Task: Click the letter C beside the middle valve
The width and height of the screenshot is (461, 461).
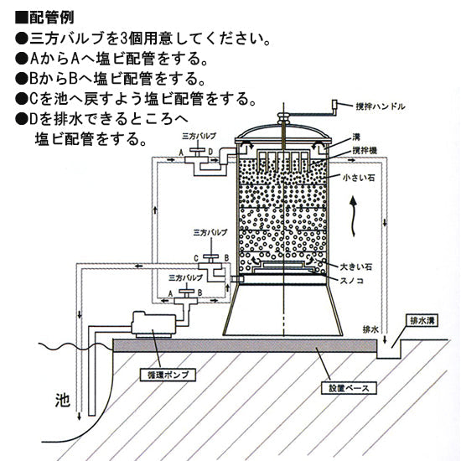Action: tap(194, 258)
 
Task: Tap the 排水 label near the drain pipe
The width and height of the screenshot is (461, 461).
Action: tap(370, 329)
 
